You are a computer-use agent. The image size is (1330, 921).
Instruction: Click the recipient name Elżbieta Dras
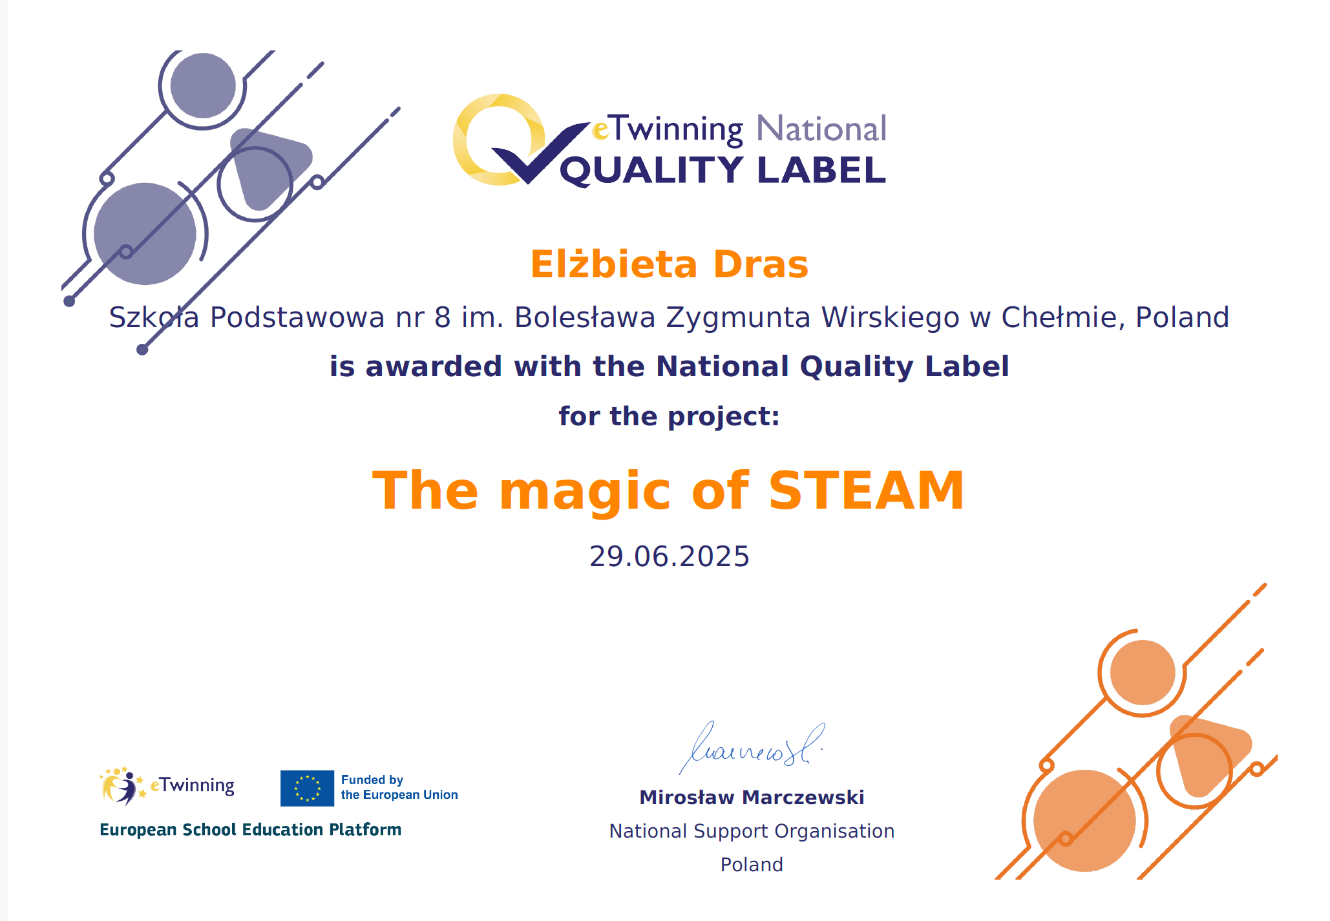click(669, 264)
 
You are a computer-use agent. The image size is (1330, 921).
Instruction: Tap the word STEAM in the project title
click(867, 491)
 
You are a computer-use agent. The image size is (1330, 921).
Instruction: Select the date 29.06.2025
click(669, 556)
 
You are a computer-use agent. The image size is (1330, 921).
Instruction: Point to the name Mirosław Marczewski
click(752, 798)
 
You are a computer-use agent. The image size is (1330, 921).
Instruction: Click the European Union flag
click(307, 789)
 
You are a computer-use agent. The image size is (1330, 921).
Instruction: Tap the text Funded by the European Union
click(399, 787)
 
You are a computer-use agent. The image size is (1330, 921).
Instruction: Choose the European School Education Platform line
click(251, 829)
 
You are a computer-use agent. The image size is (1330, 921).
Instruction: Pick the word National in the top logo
click(821, 129)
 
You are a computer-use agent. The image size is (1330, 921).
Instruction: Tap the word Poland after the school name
click(1182, 317)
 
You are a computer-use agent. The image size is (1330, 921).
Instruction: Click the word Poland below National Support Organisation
click(752, 865)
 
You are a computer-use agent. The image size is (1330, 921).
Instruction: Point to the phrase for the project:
click(669, 416)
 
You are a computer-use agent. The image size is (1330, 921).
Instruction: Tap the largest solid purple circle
click(145, 234)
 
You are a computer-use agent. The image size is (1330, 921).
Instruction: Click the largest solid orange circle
click(1084, 821)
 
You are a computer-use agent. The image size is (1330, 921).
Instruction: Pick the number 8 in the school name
click(443, 317)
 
